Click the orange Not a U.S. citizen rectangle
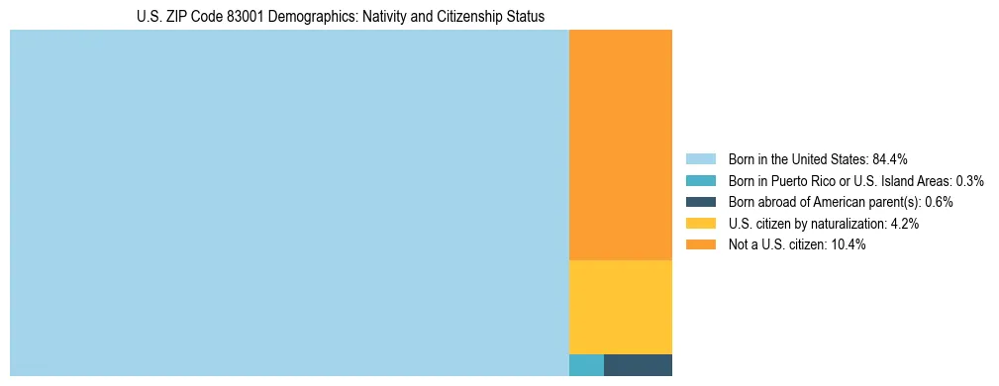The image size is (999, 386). (620, 145)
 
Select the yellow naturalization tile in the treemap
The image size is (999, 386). (620, 307)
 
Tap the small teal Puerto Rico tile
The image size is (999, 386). (586, 365)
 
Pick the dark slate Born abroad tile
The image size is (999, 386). (638, 365)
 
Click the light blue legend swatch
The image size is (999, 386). (700, 159)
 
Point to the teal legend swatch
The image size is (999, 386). (700, 181)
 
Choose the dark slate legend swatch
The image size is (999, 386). (700, 202)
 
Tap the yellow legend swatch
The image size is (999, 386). (700, 224)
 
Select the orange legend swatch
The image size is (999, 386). (700, 244)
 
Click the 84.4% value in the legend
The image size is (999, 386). (890, 159)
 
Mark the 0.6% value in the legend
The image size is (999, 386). (940, 202)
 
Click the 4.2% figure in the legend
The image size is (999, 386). (905, 224)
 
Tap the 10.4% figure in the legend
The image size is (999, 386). (849, 244)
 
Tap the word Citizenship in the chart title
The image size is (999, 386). (450, 17)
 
